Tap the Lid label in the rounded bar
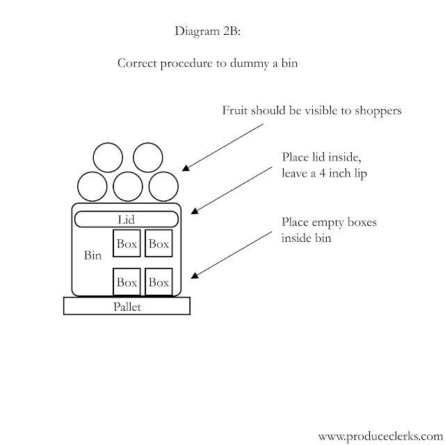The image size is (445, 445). click(126, 220)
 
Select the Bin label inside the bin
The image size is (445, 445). click(92, 256)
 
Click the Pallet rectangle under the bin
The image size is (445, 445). click(127, 306)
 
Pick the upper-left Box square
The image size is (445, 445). click(127, 244)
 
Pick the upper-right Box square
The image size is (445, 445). click(159, 244)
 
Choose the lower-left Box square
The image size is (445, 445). click(127, 282)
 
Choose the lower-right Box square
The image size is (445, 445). click(159, 282)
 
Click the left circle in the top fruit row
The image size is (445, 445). click(110, 158)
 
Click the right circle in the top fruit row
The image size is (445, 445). click(148, 158)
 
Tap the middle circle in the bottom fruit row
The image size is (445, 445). click(128, 186)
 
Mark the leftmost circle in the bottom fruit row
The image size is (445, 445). click(92, 186)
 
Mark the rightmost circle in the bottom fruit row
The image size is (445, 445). click(164, 186)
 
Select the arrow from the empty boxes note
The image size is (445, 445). click(233, 257)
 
